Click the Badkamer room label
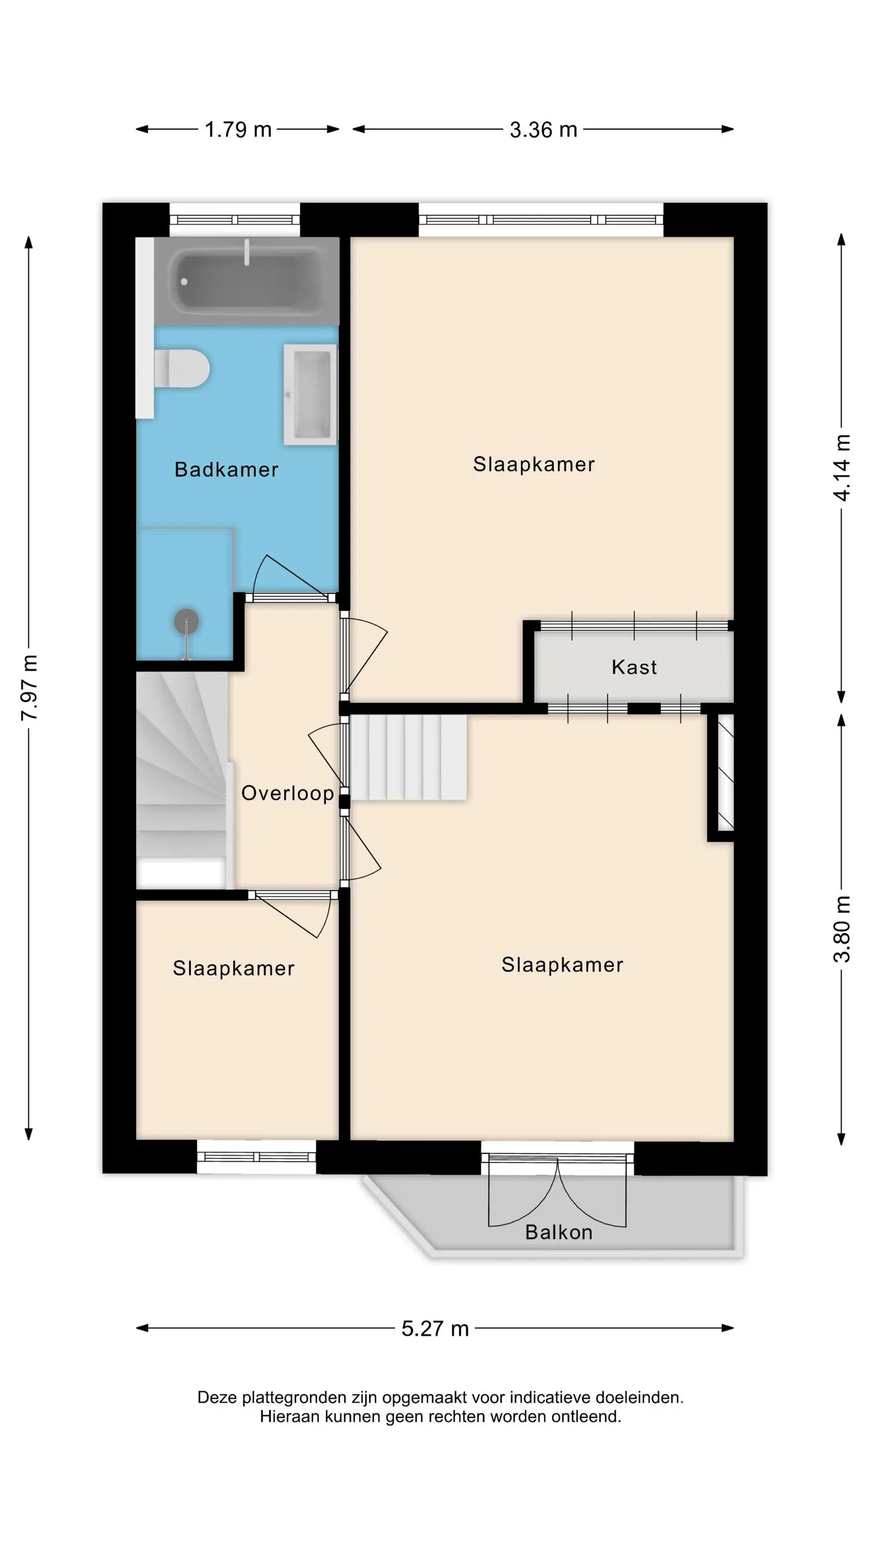click(x=226, y=470)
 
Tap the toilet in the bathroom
click(x=182, y=368)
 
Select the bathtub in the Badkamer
click(x=246, y=282)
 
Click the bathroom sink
click(x=310, y=394)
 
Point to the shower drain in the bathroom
click(x=186, y=621)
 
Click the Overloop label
click(x=288, y=793)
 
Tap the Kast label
click(x=634, y=667)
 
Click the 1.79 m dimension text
click(x=238, y=129)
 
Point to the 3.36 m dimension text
click(x=543, y=129)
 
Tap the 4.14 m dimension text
click(x=842, y=468)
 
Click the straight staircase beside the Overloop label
click(x=408, y=758)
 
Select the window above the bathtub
click(x=235, y=220)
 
